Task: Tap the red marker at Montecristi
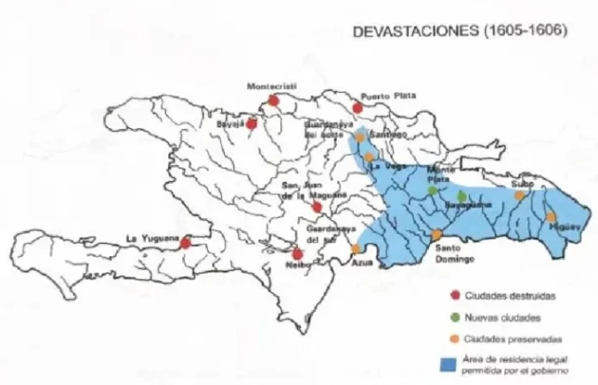[x=273, y=101]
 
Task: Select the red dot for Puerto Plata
[x=358, y=107]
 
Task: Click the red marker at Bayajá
[x=252, y=124]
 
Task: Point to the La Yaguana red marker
[x=185, y=242]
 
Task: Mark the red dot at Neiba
[x=297, y=254]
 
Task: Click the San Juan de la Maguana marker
[x=317, y=207]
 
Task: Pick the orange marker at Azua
[x=356, y=249]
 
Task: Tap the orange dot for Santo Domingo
[x=436, y=235]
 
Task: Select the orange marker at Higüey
[x=551, y=217]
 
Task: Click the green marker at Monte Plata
[x=432, y=190]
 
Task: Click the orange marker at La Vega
[x=369, y=157]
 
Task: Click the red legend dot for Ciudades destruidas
[x=455, y=296]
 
